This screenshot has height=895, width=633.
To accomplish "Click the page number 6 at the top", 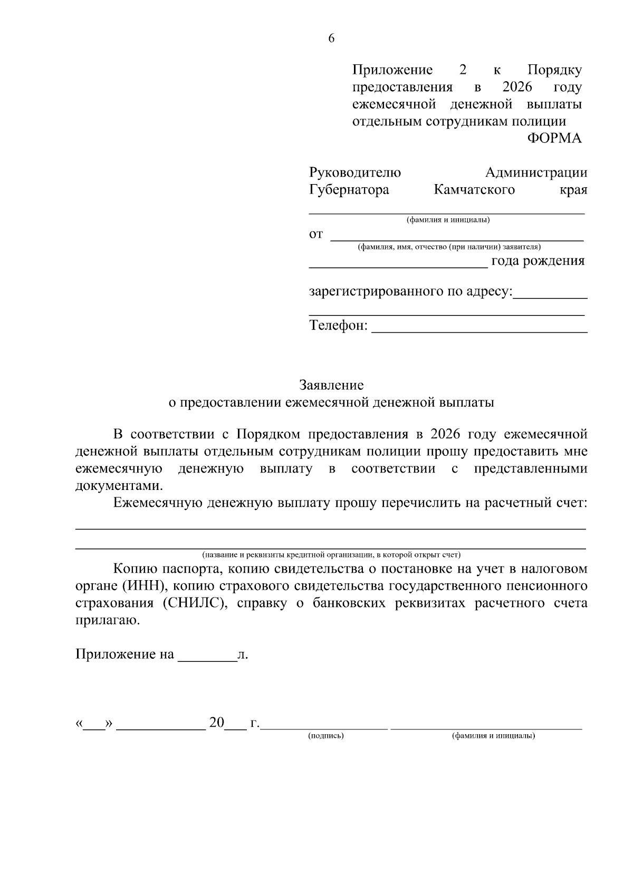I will (331, 38).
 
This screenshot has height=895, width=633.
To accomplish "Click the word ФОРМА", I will (554, 138).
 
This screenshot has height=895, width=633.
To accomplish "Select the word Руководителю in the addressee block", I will (354, 172).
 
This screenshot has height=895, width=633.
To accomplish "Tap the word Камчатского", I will (474, 189).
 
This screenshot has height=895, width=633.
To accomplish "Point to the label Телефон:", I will (338, 325).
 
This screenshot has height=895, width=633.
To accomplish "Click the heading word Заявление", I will (331, 385).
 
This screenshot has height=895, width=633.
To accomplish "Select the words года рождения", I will (538, 261).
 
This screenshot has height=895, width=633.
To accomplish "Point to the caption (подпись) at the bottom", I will (325, 736).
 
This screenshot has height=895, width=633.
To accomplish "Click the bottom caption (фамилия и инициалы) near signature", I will (493, 736).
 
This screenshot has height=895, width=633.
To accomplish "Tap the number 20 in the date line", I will (217, 722).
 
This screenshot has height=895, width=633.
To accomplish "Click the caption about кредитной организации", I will (331, 555).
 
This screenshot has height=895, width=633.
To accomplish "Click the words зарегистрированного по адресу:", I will (410, 291).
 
